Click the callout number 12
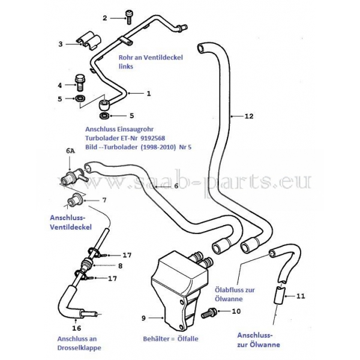pyautogui.click(x=249, y=116)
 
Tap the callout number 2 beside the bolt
pyautogui.click(x=105, y=18)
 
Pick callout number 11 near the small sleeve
pyautogui.click(x=301, y=296)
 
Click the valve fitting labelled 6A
pyautogui.click(x=71, y=178)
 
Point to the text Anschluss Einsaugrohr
pyautogui.click(x=119, y=129)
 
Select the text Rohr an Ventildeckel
pyautogui.click(x=150, y=58)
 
